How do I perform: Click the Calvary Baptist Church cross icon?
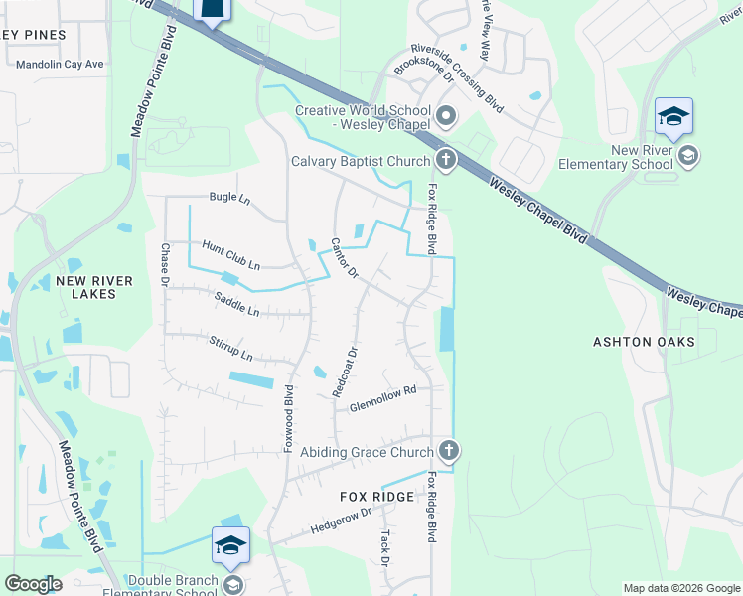(446, 160)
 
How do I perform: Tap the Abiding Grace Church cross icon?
(448, 451)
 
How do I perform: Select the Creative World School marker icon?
(446, 117)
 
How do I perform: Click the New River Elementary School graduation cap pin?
(673, 119)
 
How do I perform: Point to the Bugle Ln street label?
(229, 198)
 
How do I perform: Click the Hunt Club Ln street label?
(230, 254)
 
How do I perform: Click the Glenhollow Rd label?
(381, 398)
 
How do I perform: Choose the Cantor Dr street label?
(345, 259)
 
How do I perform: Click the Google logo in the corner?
(33, 584)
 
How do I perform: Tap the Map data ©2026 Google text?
(680, 588)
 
